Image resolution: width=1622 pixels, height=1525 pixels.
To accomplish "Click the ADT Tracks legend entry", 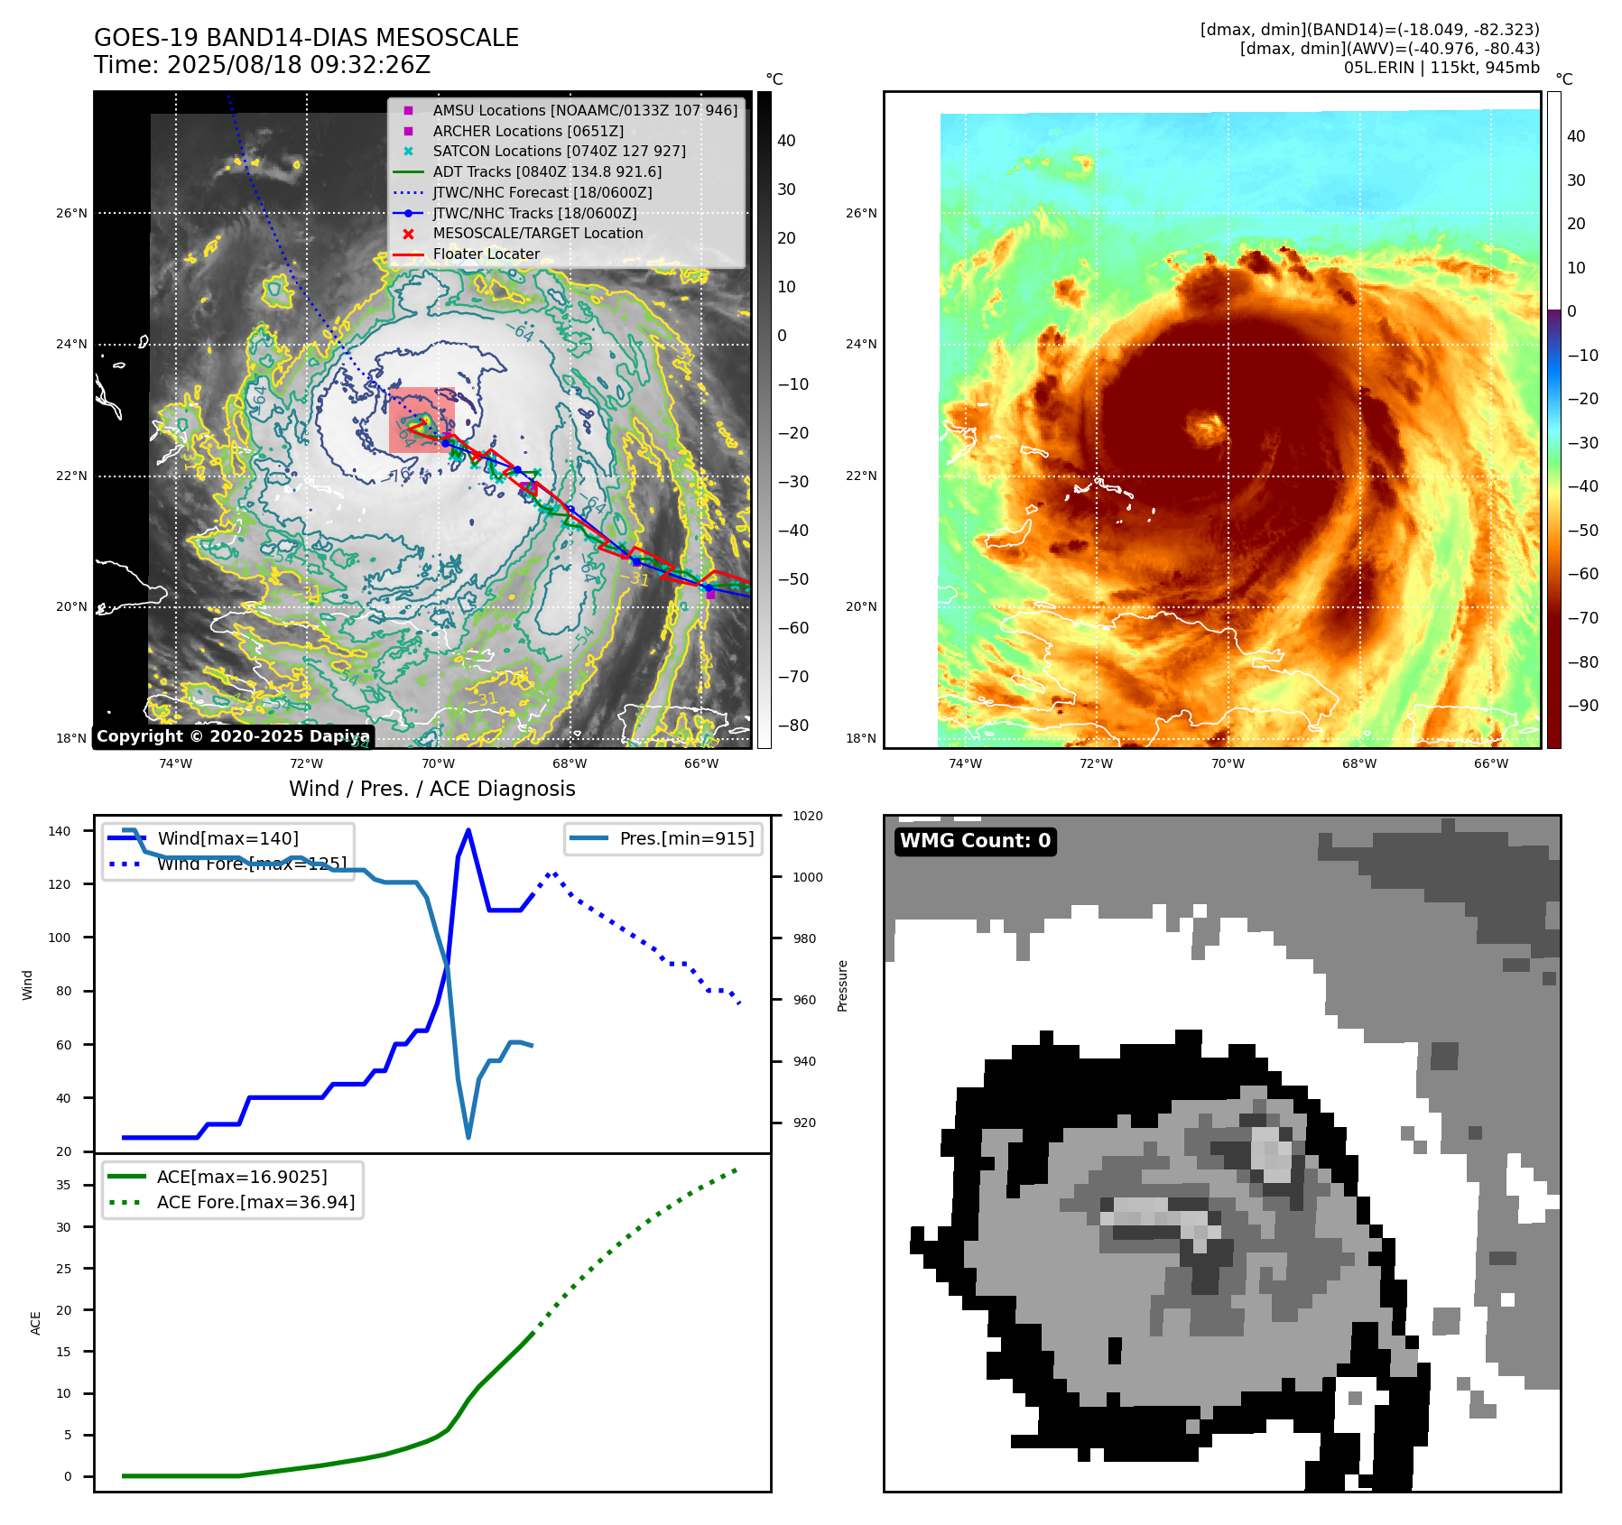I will [x=547, y=171].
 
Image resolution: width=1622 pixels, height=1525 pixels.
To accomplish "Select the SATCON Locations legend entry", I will [x=559, y=151].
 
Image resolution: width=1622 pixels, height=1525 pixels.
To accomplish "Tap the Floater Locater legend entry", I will [x=486, y=254].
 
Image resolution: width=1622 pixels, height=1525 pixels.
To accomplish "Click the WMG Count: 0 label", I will [x=975, y=841].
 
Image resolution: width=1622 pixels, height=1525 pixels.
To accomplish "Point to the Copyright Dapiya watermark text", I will [x=233, y=736].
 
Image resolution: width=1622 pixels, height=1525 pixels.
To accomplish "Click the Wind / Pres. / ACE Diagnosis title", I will [x=431, y=789].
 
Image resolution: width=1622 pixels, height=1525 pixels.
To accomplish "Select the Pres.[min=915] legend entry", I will [x=686, y=838].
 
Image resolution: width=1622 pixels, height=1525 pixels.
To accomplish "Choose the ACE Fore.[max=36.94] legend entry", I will [x=255, y=1202].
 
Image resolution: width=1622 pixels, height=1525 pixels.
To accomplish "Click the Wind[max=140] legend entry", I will [x=227, y=838].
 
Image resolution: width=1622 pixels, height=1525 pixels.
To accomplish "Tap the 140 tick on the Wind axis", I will [x=59, y=831].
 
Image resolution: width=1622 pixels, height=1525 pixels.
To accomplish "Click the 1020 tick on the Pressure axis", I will [x=808, y=816].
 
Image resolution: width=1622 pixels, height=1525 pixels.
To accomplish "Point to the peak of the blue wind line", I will [x=468, y=830].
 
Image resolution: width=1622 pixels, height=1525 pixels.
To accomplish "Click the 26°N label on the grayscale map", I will [x=71, y=214].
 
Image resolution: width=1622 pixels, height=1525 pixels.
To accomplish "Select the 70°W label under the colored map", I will [x=1228, y=763].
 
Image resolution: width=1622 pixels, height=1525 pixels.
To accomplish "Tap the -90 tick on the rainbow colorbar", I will [x=1583, y=706].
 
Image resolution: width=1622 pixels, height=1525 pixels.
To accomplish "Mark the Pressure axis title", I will [x=842, y=985].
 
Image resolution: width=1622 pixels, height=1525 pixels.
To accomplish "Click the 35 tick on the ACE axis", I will [x=63, y=1185].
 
